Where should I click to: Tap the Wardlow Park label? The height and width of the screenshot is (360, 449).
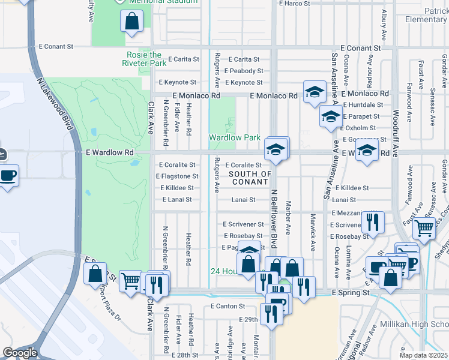point(234,137)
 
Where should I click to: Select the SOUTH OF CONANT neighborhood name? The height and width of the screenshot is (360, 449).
point(250,178)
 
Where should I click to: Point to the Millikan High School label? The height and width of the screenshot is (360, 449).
point(414,324)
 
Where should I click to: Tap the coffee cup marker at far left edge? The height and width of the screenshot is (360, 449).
point(8,176)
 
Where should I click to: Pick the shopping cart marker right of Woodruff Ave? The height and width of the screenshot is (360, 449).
point(424,228)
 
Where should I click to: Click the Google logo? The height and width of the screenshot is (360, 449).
point(19,353)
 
